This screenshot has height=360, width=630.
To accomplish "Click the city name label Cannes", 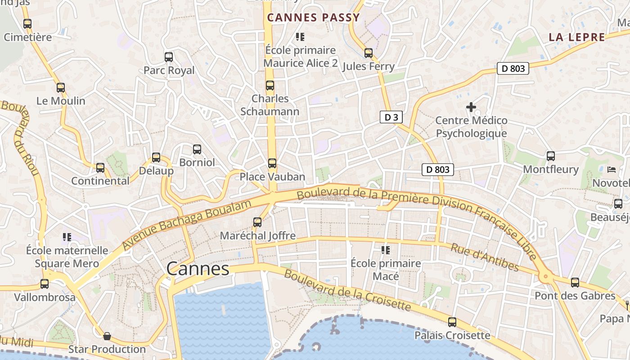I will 198,269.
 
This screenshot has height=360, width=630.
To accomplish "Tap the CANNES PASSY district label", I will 313,18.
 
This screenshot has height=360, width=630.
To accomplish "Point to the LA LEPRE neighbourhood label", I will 576,37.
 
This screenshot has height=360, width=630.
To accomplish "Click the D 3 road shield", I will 391,117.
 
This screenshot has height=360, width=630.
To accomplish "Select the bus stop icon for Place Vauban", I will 272,163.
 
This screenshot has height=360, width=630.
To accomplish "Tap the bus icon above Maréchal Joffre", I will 257,222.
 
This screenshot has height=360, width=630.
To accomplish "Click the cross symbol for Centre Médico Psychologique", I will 471,107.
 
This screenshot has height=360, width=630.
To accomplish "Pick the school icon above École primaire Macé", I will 386,250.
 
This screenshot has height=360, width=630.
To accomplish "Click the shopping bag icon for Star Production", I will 107,336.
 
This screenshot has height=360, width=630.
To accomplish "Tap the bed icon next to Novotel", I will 611,170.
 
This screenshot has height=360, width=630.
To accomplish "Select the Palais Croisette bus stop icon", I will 452,322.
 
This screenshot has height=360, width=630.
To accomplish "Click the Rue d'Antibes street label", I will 485,257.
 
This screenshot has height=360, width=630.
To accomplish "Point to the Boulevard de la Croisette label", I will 347,290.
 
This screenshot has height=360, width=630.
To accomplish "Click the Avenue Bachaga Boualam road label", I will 186,225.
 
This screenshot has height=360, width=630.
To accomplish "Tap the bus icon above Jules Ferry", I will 369,53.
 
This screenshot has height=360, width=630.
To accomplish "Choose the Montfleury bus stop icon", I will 551,156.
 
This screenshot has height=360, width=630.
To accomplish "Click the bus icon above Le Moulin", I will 61,88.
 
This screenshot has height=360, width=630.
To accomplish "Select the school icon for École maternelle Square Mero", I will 67,237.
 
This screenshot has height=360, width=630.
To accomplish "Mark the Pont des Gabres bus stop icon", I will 575,283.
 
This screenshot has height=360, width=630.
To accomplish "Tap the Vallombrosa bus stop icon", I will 45,284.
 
